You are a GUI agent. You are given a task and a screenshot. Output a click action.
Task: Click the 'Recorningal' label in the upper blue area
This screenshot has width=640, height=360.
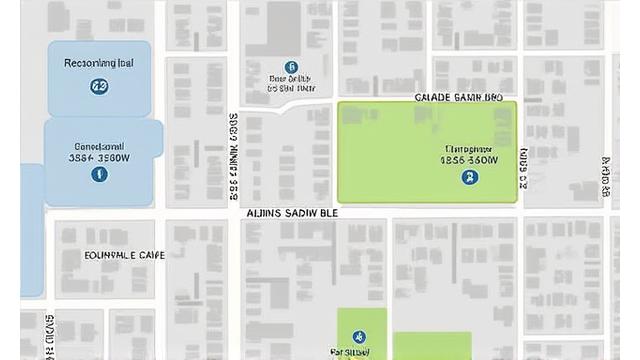(x=98, y=63)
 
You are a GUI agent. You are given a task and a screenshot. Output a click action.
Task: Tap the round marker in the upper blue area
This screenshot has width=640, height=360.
(x=99, y=87)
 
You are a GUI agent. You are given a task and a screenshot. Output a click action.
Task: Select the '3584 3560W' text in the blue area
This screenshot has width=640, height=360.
(x=98, y=157)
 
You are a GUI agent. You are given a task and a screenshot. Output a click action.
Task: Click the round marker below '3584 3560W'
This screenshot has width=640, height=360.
(x=99, y=174)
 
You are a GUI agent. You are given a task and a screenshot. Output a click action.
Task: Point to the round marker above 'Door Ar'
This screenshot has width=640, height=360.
(x=291, y=66)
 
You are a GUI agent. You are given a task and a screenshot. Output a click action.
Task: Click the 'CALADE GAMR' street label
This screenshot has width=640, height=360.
(x=458, y=98)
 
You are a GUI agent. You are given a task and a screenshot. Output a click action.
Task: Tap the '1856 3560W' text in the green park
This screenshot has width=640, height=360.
(x=469, y=159)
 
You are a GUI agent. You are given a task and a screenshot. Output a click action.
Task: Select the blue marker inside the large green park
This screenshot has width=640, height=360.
(x=469, y=177)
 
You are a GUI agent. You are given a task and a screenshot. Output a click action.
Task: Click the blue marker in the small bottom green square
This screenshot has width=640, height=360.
(x=360, y=337)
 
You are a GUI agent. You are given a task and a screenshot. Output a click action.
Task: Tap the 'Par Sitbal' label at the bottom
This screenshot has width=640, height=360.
(x=350, y=353)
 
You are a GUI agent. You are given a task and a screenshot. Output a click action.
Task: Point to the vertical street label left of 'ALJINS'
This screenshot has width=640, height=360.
(x=233, y=155)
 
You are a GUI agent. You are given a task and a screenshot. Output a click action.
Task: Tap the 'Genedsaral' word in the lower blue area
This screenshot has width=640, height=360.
(x=98, y=144)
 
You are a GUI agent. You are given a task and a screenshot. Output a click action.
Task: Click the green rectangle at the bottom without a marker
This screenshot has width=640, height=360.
(x=431, y=346)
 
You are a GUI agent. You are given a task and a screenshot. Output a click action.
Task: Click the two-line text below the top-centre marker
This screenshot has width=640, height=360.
(x=291, y=83)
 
